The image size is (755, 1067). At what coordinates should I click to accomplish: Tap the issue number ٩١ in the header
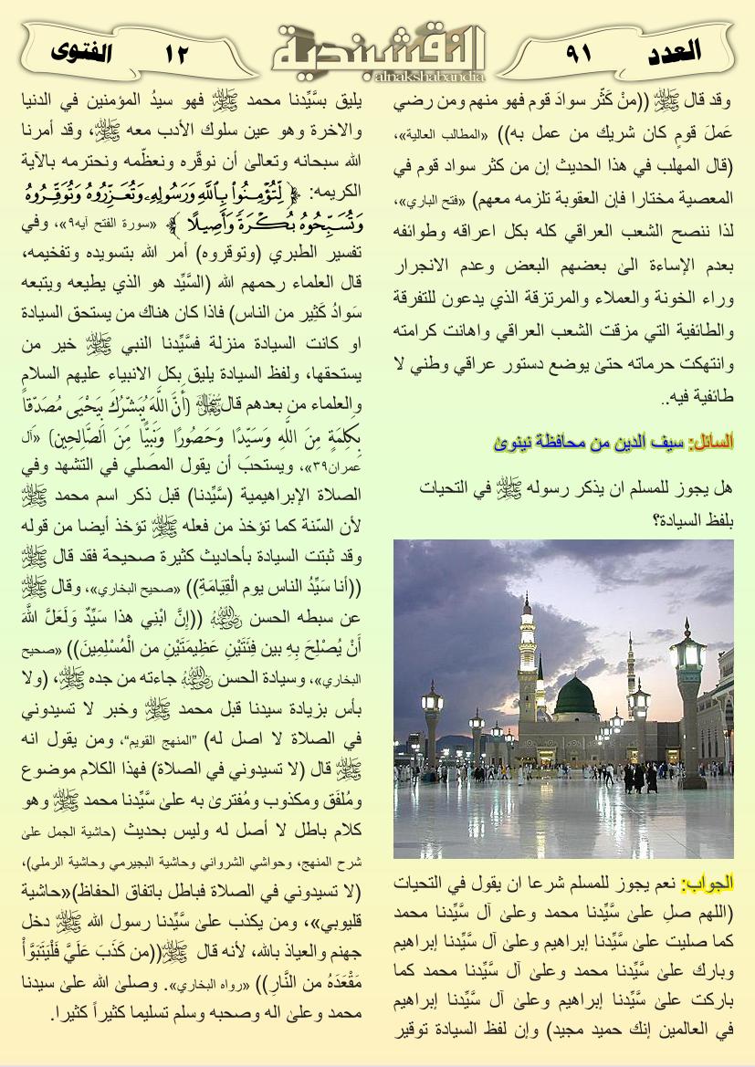point(577,53)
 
